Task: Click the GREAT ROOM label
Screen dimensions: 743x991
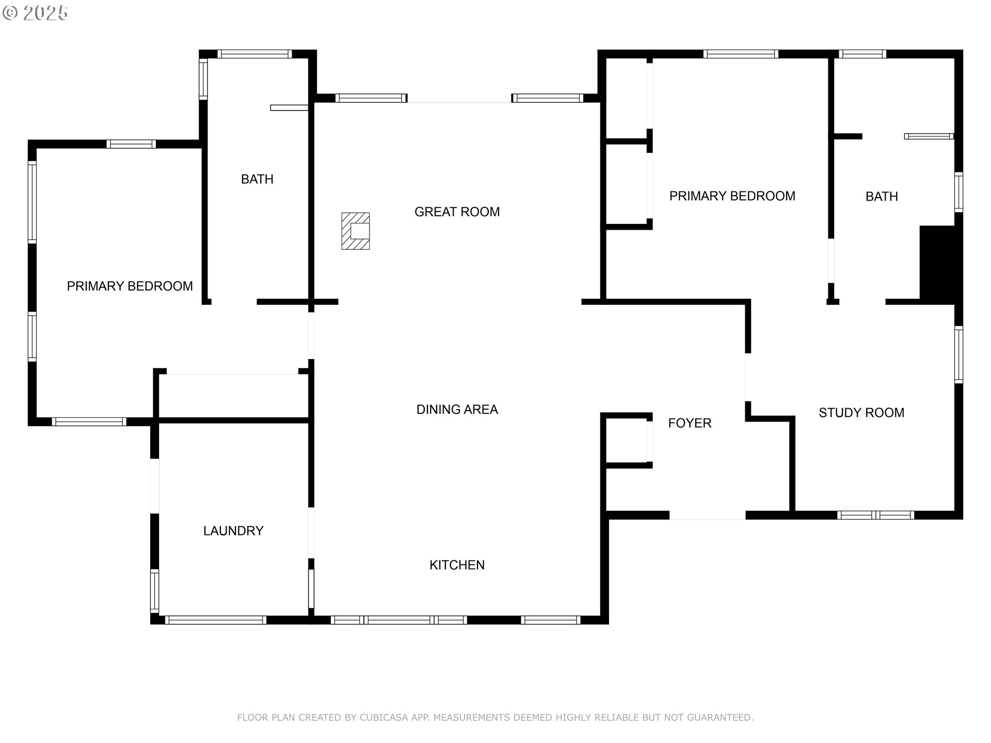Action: (x=457, y=212)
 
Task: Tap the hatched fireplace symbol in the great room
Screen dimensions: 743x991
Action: (x=356, y=231)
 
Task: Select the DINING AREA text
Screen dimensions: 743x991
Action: (x=457, y=410)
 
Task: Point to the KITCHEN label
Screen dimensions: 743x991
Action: (x=457, y=565)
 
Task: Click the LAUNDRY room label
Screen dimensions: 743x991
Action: (x=233, y=531)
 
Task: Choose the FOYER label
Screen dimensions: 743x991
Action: (x=690, y=423)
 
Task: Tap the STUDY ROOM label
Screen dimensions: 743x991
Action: (x=861, y=413)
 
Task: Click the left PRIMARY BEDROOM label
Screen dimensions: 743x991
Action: (x=130, y=286)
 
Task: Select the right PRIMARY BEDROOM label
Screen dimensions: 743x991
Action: (x=732, y=196)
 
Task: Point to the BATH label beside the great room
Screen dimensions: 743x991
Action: (x=257, y=179)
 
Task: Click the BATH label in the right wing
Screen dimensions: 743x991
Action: (x=882, y=197)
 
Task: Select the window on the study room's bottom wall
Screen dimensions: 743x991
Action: (x=875, y=515)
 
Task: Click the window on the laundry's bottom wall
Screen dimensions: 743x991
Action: (x=215, y=620)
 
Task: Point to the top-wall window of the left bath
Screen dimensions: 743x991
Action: (x=254, y=54)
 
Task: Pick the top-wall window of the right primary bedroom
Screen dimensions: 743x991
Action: (x=740, y=54)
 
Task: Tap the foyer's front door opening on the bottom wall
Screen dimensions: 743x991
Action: (x=707, y=515)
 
